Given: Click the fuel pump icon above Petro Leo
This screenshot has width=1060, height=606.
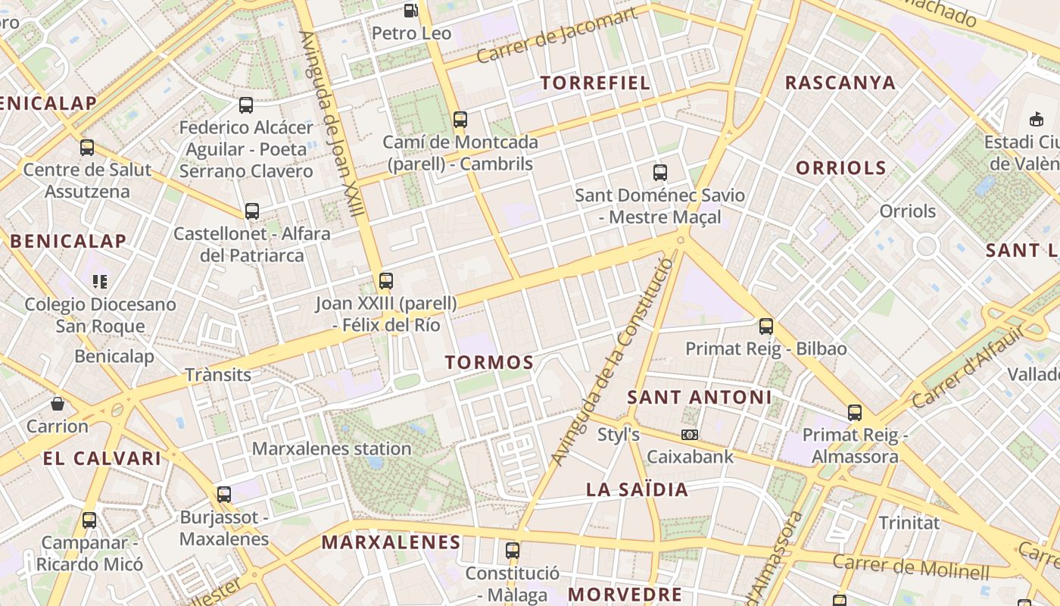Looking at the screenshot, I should [410, 11].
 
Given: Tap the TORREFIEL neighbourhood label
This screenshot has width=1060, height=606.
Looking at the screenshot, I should [595, 83].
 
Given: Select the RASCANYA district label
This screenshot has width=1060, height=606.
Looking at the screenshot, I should [840, 83].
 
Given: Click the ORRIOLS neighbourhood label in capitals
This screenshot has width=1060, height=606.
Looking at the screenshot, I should [840, 168].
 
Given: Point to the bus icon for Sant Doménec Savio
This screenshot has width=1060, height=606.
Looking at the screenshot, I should [659, 173].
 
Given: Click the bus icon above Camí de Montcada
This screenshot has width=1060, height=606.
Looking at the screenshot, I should [460, 120].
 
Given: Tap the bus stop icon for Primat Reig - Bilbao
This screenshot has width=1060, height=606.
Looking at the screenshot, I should [766, 327].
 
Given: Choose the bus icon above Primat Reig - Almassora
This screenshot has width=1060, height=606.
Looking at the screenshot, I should [855, 413].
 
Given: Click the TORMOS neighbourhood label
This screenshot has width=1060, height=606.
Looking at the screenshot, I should [489, 363].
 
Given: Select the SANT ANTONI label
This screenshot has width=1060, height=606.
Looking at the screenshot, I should [700, 397].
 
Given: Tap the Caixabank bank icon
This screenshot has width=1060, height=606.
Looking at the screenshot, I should [690, 435].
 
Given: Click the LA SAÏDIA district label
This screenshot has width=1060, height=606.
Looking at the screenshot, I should [638, 490].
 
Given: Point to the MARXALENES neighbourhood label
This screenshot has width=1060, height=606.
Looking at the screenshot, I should [391, 542].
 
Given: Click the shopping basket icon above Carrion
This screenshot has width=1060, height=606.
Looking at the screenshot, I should [58, 404].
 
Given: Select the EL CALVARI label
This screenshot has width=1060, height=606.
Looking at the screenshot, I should [102, 458].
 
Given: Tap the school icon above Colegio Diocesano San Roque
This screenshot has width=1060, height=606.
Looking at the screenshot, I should [100, 282].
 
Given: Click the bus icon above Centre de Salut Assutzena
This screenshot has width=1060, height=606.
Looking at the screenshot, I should [87, 148].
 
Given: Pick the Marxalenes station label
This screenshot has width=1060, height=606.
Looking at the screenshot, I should [332, 448].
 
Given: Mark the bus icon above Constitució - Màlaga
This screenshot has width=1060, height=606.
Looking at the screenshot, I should [513, 551].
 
